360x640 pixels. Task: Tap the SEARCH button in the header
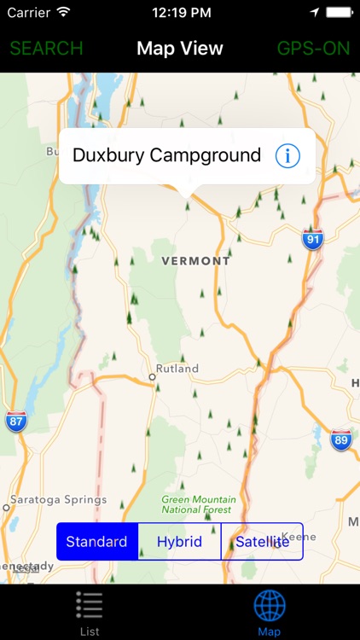46,49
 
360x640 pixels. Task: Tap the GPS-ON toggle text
313,49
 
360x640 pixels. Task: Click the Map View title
180,49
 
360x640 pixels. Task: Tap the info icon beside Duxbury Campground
287,155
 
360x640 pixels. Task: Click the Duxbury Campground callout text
166,155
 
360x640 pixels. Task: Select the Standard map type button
96,542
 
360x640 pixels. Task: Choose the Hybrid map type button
179,542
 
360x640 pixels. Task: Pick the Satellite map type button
262,542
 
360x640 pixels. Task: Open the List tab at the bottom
90,613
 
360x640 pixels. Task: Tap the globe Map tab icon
270,606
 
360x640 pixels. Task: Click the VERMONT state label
195,261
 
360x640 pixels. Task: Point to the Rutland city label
177,369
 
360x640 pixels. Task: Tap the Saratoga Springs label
58,500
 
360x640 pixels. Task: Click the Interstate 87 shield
16,421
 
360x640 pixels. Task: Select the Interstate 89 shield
340,439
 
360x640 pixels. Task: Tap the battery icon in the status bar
340,13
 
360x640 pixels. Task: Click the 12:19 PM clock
180,13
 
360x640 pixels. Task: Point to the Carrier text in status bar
29,13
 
